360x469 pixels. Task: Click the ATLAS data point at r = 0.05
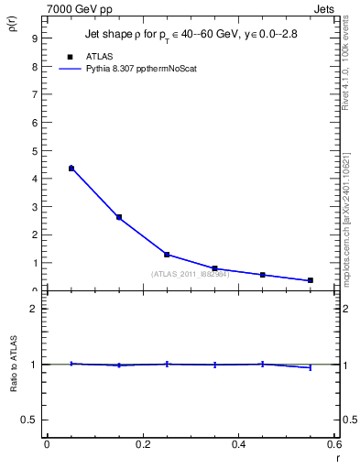pos(71,169)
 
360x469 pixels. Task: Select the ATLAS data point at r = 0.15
pos(119,217)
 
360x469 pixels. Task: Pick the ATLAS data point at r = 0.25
pos(167,255)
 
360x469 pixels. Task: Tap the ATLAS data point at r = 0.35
pos(214,268)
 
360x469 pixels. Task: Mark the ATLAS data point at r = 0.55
pos(311,280)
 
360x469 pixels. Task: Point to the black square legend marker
pos(71,57)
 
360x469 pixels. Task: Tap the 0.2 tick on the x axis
pos(142,444)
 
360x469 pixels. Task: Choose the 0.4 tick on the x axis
pos(238,444)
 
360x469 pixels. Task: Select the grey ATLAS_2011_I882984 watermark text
pos(189,274)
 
